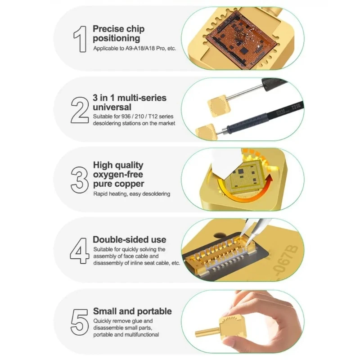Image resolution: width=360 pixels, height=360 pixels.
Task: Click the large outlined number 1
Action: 81,39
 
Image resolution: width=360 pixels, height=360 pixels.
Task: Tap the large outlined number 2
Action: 80,110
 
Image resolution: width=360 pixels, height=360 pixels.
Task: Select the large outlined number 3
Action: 80,180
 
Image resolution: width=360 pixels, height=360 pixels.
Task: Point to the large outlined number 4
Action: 80,251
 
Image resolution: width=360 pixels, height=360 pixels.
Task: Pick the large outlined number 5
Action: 80,322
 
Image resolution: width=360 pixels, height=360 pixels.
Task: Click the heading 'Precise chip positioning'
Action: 119,33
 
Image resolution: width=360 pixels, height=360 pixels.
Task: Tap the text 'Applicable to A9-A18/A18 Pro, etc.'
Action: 135,49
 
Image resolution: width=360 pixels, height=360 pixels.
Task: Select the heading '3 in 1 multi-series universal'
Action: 130,103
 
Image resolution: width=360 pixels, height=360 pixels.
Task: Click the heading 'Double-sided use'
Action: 130,239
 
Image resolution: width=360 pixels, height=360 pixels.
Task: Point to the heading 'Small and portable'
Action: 132,311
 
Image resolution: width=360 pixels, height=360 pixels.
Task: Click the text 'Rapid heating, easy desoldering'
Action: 132,194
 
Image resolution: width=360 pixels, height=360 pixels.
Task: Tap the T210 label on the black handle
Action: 296,106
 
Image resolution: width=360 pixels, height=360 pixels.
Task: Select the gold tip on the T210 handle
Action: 206,132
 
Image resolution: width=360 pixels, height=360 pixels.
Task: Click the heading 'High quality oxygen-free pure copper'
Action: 118,175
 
